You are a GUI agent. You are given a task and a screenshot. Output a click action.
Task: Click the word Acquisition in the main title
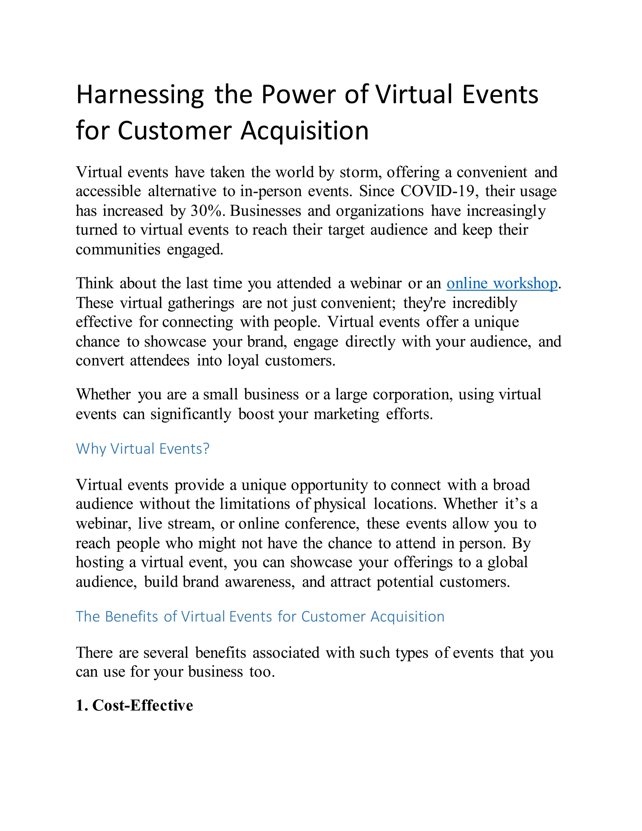[x=305, y=131]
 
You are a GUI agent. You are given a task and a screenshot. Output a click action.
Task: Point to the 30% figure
[x=206, y=211]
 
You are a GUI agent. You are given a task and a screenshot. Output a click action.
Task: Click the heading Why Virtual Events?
[x=143, y=449]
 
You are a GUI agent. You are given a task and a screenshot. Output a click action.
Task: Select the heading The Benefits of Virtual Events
[x=260, y=617]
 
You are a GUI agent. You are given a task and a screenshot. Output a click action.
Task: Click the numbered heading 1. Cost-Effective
[x=134, y=706]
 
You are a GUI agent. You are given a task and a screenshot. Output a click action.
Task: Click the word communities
[x=118, y=250]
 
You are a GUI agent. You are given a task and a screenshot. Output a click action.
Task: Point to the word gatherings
[x=201, y=303]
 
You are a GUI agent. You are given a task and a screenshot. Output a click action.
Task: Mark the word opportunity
[x=329, y=485]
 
